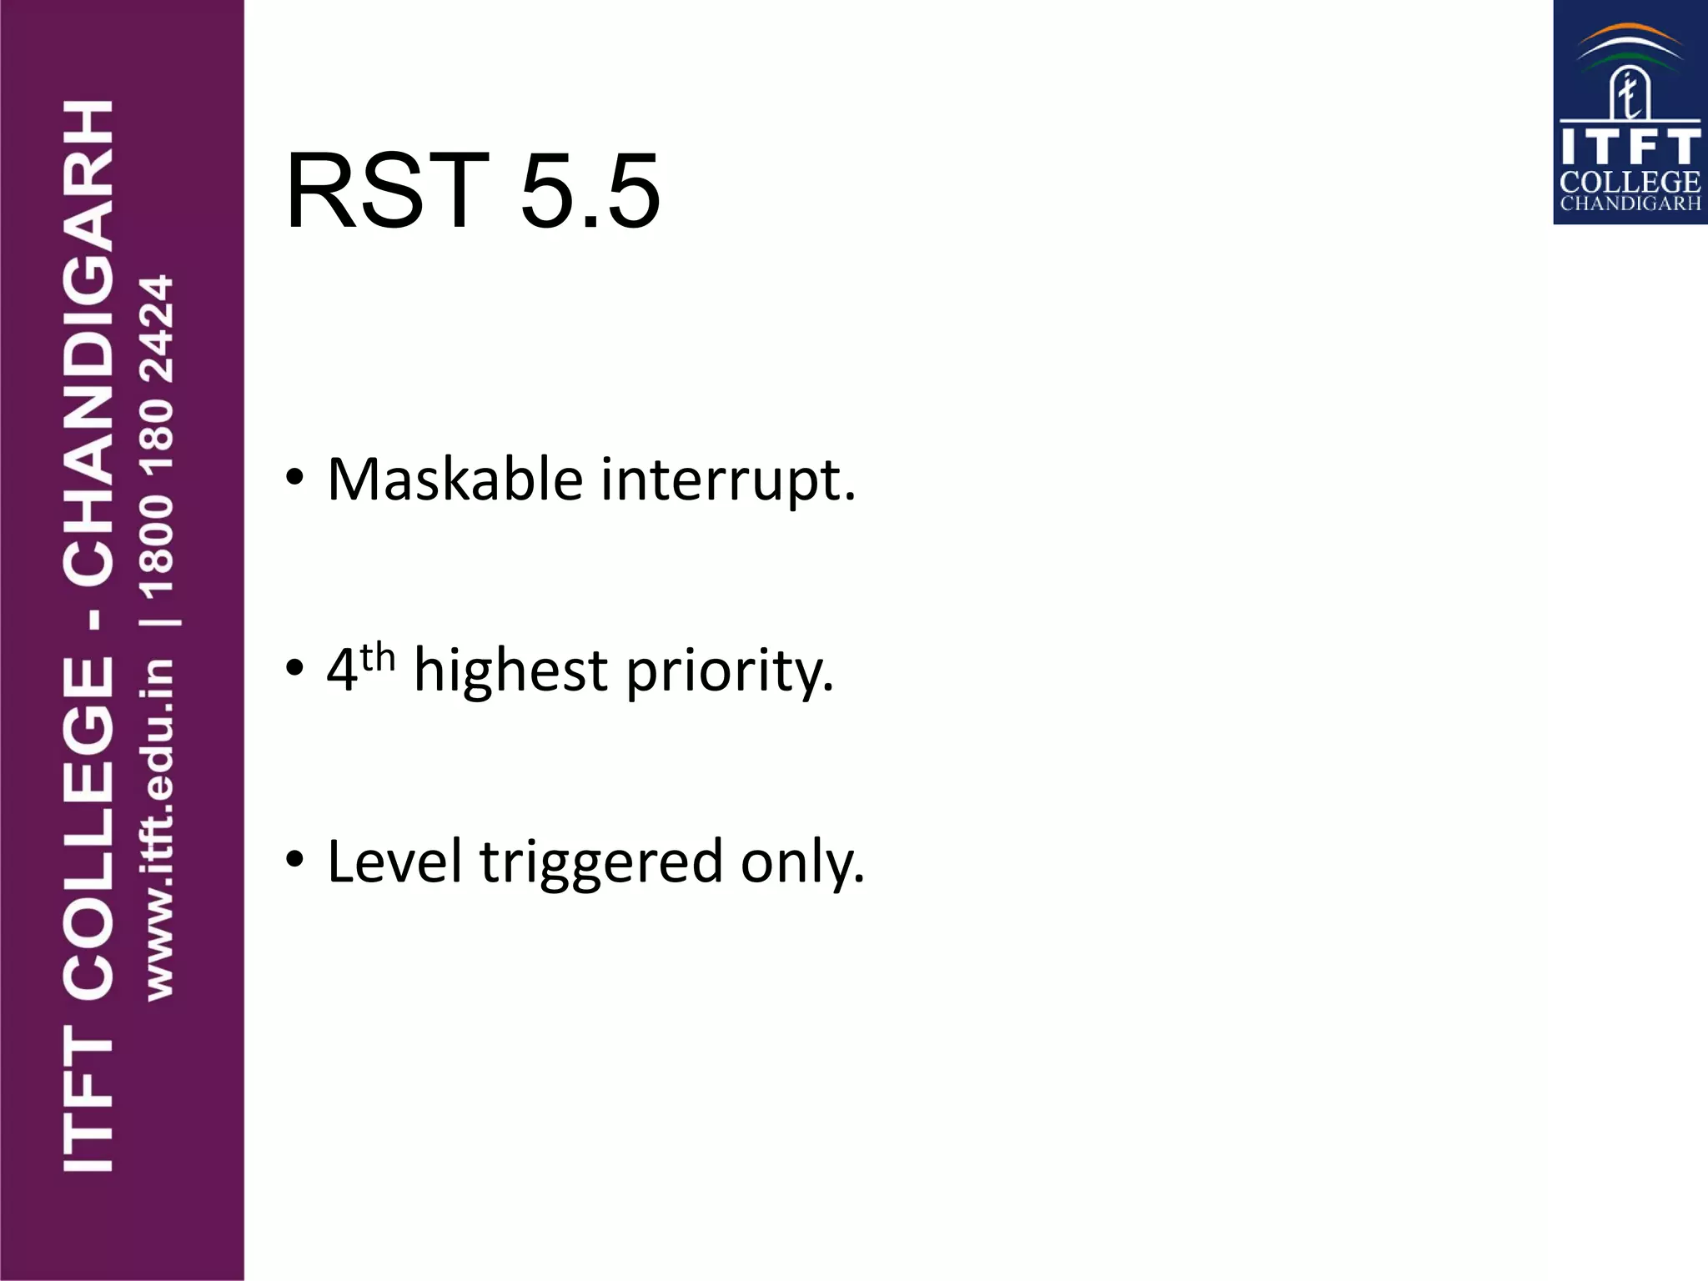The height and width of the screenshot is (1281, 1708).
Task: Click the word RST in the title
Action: click(x=387, y=191)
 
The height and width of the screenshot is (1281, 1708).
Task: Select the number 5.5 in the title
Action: click(x=590, y=191)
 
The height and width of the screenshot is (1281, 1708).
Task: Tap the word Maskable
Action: click(x=455, y=480)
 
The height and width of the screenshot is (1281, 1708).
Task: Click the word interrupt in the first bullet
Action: click(x=728, y=480)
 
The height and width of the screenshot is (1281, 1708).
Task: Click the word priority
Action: click(x=730, y=672)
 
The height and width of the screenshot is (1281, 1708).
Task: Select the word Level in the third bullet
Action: click(x=394, y=861)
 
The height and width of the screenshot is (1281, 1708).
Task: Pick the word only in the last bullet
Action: click(x=802, y=862)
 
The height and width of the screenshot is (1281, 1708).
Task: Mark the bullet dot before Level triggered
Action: click(x=294, y=859)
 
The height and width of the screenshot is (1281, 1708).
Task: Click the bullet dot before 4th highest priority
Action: click(x=294, y=668)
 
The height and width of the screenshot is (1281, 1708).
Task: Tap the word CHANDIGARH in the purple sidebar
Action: click(x=88, y=342)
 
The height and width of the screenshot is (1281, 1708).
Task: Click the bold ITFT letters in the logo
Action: click(x=1630, y=147)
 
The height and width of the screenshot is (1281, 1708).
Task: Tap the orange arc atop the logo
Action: click(x=1630, y=33)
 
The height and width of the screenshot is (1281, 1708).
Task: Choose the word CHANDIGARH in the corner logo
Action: click(x=1630, y=203)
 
